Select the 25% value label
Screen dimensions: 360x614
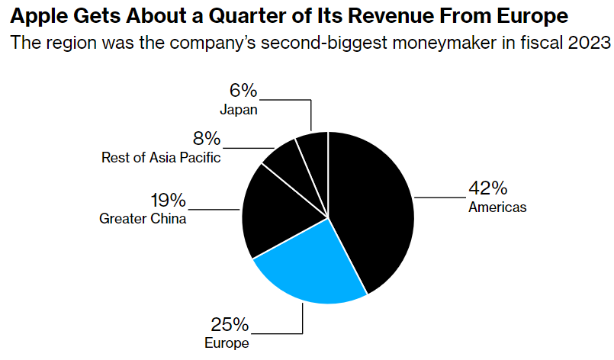tap(227, 325)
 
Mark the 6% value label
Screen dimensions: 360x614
tap(243, 91)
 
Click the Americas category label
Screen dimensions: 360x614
tap(497, 207)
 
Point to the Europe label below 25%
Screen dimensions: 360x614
tap(227, 343)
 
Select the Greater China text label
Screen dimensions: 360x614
tap(143, 219)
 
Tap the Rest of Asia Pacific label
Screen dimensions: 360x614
tap(161, 158)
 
